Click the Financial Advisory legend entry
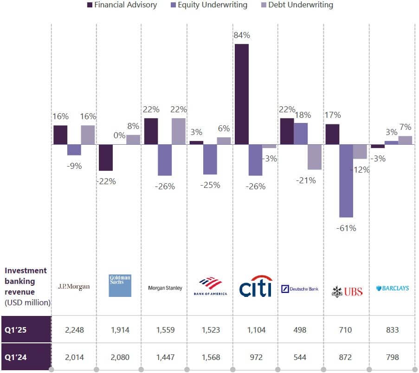(x=122, y=6)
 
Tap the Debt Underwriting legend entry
(x=297, y=6)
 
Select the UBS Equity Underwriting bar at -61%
(x=346, y=181)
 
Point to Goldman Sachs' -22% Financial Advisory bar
(x=106, y=158)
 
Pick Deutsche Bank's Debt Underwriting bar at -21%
(x=315, y=157)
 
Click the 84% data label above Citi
(x=242, y=35)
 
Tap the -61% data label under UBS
(x=346, y=228)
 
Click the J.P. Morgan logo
(x=74, y=287)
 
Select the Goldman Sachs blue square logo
(x=120, y=285)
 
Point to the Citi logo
(x=255, y=287)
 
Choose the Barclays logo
(x=393, y=288)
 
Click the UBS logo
(x=347, y=291)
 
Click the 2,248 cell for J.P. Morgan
(x=74, y=330)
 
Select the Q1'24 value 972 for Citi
(x=256, y=357)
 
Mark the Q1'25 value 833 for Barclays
(x=392, y=330)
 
